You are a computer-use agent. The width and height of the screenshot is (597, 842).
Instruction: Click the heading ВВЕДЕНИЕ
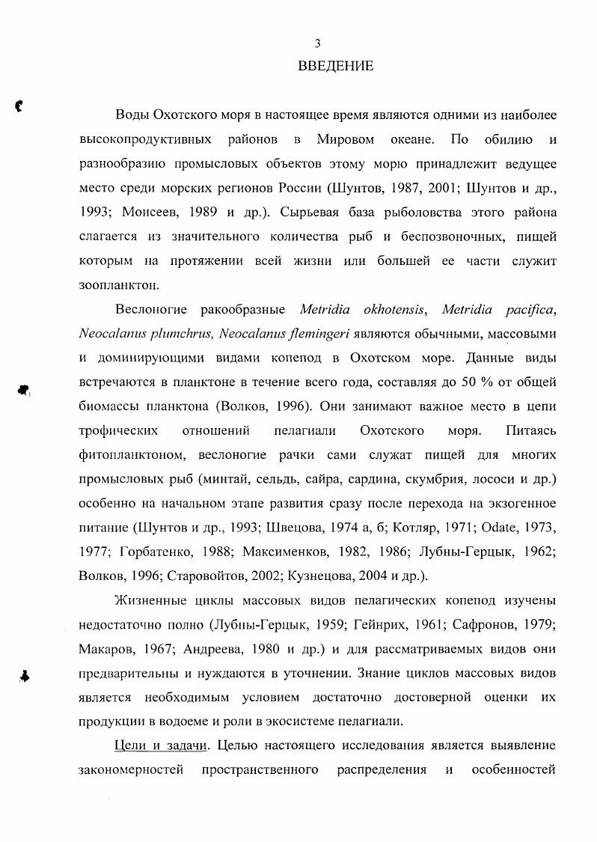point(335,66)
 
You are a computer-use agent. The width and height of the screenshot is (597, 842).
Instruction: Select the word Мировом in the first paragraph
point(345,139)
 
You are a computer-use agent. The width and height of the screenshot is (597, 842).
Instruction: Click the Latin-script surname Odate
point(502,527)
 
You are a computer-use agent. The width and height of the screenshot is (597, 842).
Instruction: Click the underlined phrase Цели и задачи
point(160,745)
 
